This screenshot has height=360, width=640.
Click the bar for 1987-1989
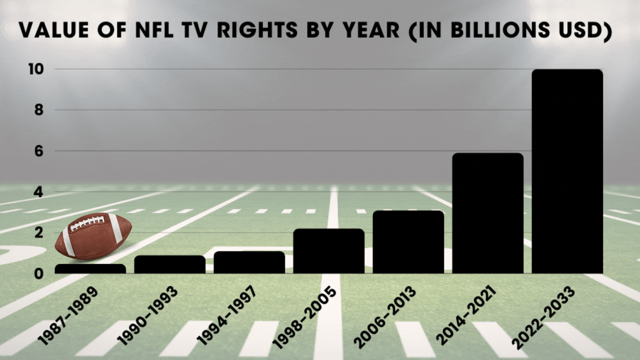[90, 269]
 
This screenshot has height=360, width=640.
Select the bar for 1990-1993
[170, 265]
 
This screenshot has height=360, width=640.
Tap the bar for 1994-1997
[249, 263]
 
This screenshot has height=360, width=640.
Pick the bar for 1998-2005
[329, 251]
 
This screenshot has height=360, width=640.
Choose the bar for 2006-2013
[408, 242]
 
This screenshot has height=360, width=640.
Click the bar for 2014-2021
[488, 213]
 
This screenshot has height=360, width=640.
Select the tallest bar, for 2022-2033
[567, 172]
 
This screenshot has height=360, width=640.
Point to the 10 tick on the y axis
[36, 69]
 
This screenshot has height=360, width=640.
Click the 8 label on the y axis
[39, 110]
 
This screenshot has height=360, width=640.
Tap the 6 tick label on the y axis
[39, 151]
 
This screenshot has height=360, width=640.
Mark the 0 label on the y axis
[39, 274]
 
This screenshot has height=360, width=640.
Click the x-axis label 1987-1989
[68, 316]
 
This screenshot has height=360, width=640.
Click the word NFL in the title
[154, 30]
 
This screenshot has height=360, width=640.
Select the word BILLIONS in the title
[500, 30]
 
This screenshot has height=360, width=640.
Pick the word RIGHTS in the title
[257, 30]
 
